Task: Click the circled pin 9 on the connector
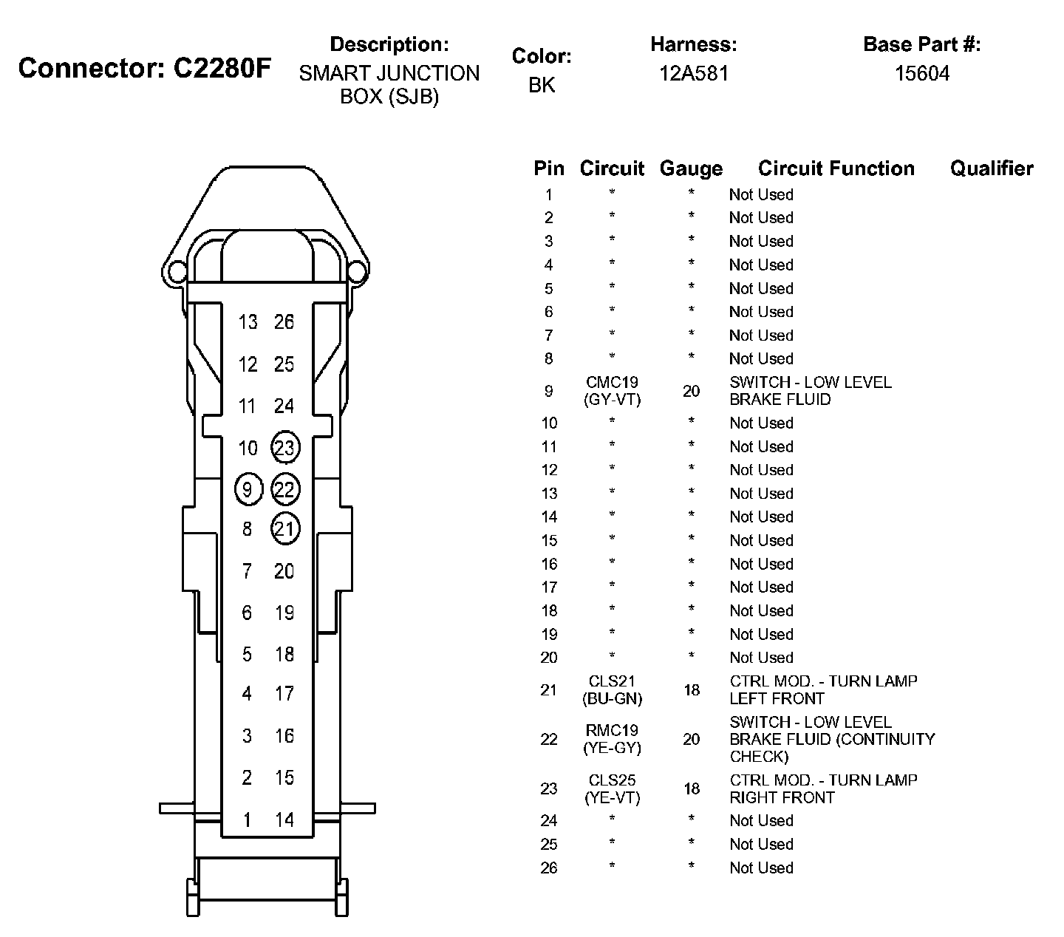click(x=248, y=489)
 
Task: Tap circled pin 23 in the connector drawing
click(x=284, y=447)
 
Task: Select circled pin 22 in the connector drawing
click(x=284, y=489)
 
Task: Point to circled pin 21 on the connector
click(x=284, y=529)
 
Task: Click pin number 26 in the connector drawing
click(x=284, y=322)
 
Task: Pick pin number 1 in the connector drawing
click(x=247, y=820)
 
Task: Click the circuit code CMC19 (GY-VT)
click(x=612, y=391)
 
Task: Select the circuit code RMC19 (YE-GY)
click(x=612, y=739)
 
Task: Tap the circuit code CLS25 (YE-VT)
click(x=612, y=788)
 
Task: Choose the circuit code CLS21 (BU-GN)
click(x=612, y=689)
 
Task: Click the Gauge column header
click(x=691, y=169)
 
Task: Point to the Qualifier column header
click(x=992, y=168)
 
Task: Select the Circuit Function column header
click(x=836, y=168)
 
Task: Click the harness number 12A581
click(x=694, y=73)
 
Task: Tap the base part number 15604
click(x=921, y=73)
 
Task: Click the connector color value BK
click(x=542, y=85)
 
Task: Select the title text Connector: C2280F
click(x=145, y=68)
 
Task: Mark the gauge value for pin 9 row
click(x=691, y=391)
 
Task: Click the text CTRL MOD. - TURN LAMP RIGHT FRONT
click(x=823, y=788)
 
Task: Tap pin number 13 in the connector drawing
click(x=248, y=322)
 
